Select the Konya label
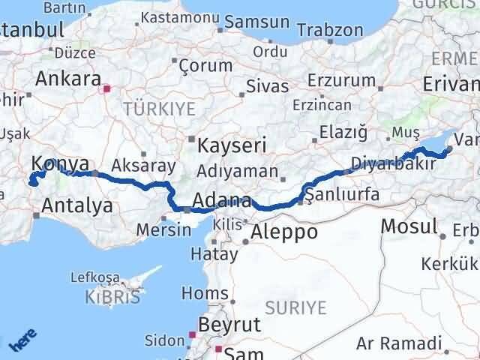click(x=60, y=164)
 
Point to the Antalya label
click(x=78, y=204)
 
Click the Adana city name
click(x=221, y=201)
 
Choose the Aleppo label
click(x=285, y=232)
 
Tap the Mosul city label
click(x=409, y=226)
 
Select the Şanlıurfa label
click(x=342, y=196)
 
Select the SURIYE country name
click(x=296, y=307)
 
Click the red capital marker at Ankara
click(x=106, y=88)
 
